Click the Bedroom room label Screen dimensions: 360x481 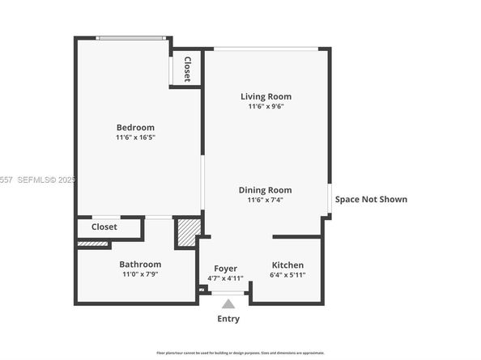(135, 127)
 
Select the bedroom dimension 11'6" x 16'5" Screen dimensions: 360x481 (135, 138)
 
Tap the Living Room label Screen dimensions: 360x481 (266, 97)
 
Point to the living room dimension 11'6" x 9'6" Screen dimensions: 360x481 (266, 107)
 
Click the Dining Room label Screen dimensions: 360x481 (265, 189)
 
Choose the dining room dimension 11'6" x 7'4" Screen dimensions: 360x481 (265, 200)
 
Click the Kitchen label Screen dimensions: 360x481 (287, 265)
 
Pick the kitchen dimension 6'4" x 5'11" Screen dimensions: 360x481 (287, 276)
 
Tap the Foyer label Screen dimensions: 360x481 (225, 268)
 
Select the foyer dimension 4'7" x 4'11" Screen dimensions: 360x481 (225, 278)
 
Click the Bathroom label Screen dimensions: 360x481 (140, 264)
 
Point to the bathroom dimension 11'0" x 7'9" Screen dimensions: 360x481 (140, 274)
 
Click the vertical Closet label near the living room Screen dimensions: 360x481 (187, 68)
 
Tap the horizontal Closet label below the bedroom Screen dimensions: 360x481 (104, 227)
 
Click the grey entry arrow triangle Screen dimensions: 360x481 (228, 304)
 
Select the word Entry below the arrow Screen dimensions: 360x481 (228, 319)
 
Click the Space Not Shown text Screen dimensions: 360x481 (371, 199)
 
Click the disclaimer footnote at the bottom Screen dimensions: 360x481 (240, 353)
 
